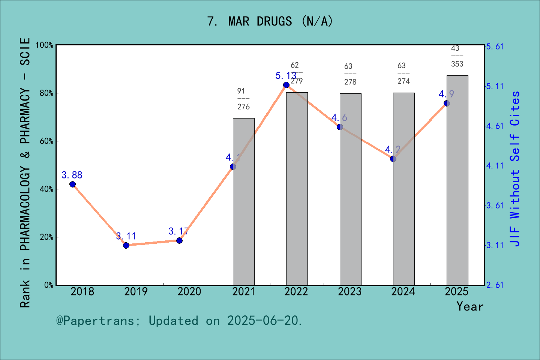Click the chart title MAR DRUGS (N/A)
(x=270, y=21)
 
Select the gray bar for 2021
(x=244, y=210)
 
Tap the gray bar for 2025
(x=457, y=187)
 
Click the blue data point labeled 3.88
(x=72, y=184)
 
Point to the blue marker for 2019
(x=126, y=245)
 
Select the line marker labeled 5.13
(x=286, y=85)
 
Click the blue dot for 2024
(x=393, y=159)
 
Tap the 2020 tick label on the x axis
(x=189, y=292)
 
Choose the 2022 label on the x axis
(x=296, y=292)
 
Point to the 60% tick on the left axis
(x=46, y=141)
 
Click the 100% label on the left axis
(x=45, y=45)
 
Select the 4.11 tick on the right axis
(x=495, y=166)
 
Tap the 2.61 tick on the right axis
(x=495, y=285)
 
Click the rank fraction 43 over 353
(x=457, y=56)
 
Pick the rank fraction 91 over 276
(x=243, y=99)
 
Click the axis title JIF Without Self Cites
(x=515, y=169)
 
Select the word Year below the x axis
(x=470, y=306)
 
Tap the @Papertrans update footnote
(x=179, y=321)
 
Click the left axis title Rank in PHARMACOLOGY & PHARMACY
(x=25, y=172)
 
